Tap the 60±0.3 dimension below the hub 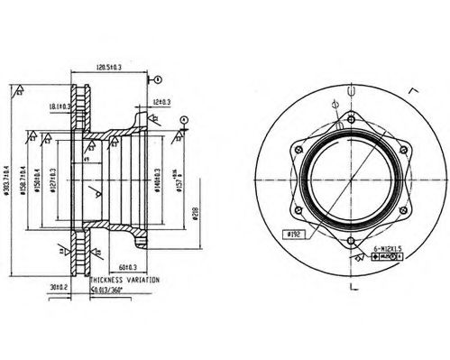point(126,268)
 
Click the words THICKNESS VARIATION point(121,281)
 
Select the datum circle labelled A point(184,118)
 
